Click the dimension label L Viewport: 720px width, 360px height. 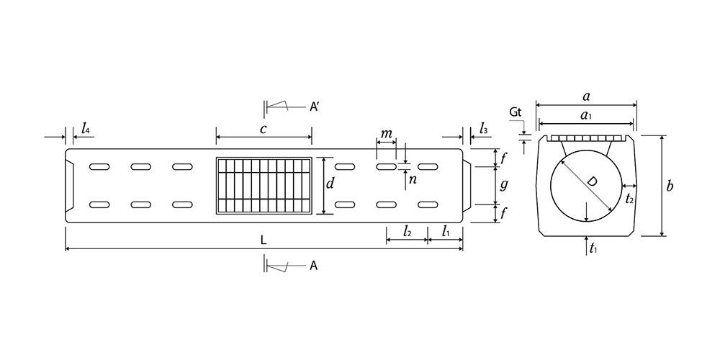click(x=263, y=240)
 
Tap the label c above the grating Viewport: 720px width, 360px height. click(x=263, y=129)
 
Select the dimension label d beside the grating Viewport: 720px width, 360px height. click(x=329, y=184)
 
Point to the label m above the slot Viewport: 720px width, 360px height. click(x=387, y=133)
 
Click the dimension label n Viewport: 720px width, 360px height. click(x=413, y=179)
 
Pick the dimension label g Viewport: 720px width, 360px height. click(x=504, y=185)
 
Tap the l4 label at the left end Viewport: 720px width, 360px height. click(x=86, y=129)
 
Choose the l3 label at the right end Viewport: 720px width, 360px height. click(x=483, y=129)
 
